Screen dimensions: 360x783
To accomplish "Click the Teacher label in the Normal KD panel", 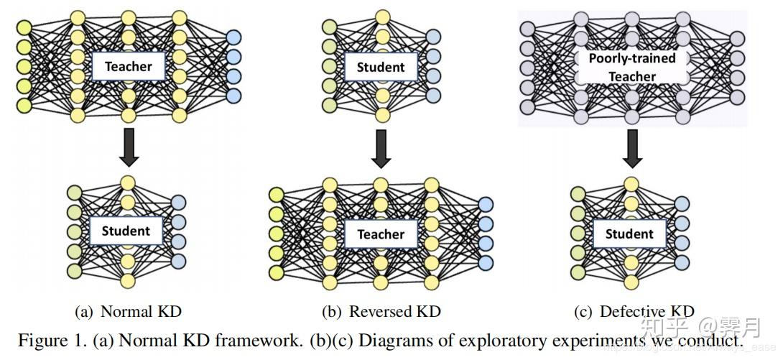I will coord(128,67).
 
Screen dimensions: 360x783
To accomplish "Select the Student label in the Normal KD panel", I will coord(126,231).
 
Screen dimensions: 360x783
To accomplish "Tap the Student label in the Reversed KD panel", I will coord(381,67).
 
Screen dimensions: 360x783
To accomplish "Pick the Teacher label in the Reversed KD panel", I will coord(381,234).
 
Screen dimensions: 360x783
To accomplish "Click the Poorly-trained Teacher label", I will coord(632,67).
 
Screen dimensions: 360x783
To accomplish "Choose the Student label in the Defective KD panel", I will coord(629,234).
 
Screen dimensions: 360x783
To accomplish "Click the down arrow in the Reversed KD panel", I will coord(381,149).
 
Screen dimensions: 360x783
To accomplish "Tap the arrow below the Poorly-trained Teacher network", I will coord(631,149).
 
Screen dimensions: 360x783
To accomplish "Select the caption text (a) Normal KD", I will coord(129,311).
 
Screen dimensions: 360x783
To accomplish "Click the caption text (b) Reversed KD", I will coord(381,311).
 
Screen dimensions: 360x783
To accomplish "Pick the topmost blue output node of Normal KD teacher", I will coord(233,37).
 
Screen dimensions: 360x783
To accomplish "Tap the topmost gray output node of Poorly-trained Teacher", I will coord(737,40).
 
